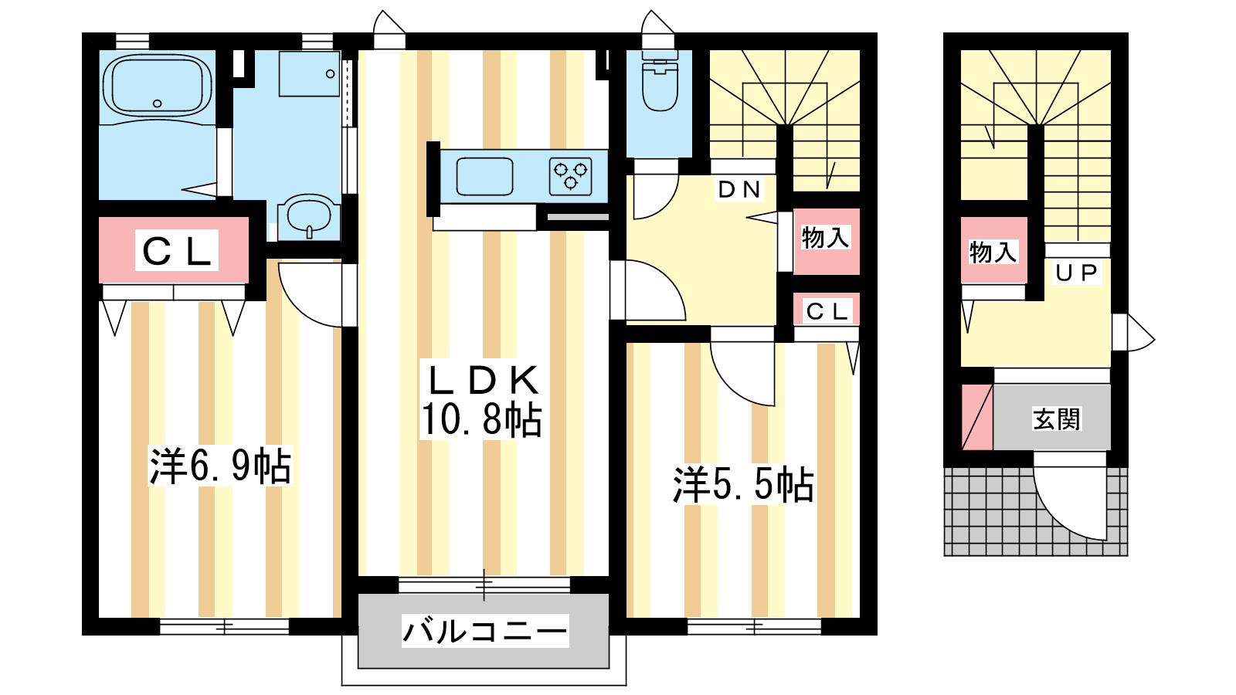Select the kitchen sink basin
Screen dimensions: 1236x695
[484, 177]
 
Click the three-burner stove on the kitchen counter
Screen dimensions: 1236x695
[571, 177]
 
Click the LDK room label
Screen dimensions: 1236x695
[484, 380]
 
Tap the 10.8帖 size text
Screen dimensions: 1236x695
[481, 420]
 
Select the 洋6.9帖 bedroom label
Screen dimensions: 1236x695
[219, 466]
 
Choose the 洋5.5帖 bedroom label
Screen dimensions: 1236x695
[742, 485]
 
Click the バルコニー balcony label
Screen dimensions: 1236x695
[485, 631]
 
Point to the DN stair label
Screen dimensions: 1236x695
[739, 190]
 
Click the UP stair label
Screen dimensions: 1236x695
[1077, 273]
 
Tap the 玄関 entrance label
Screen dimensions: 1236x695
[1056, 419]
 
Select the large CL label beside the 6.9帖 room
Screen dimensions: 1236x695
[177, 251]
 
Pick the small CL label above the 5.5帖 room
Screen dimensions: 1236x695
[826, 312]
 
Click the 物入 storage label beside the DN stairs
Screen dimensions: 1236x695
[825, 239]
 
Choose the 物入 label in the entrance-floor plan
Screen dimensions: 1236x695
[993, 253]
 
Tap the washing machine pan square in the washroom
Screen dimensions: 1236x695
[309, 74]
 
